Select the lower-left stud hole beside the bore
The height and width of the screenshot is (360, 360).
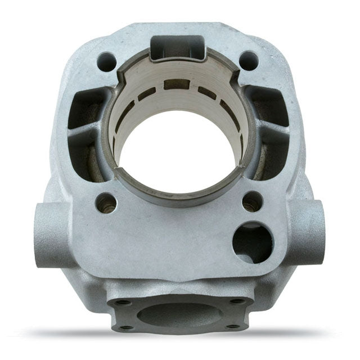[x=106, y=202]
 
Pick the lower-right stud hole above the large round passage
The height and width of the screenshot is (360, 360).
[x=252, y=201]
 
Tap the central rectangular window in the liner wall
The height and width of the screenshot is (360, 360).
[x=176, y=85]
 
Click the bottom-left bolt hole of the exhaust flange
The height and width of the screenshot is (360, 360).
[x=127, y=327]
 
